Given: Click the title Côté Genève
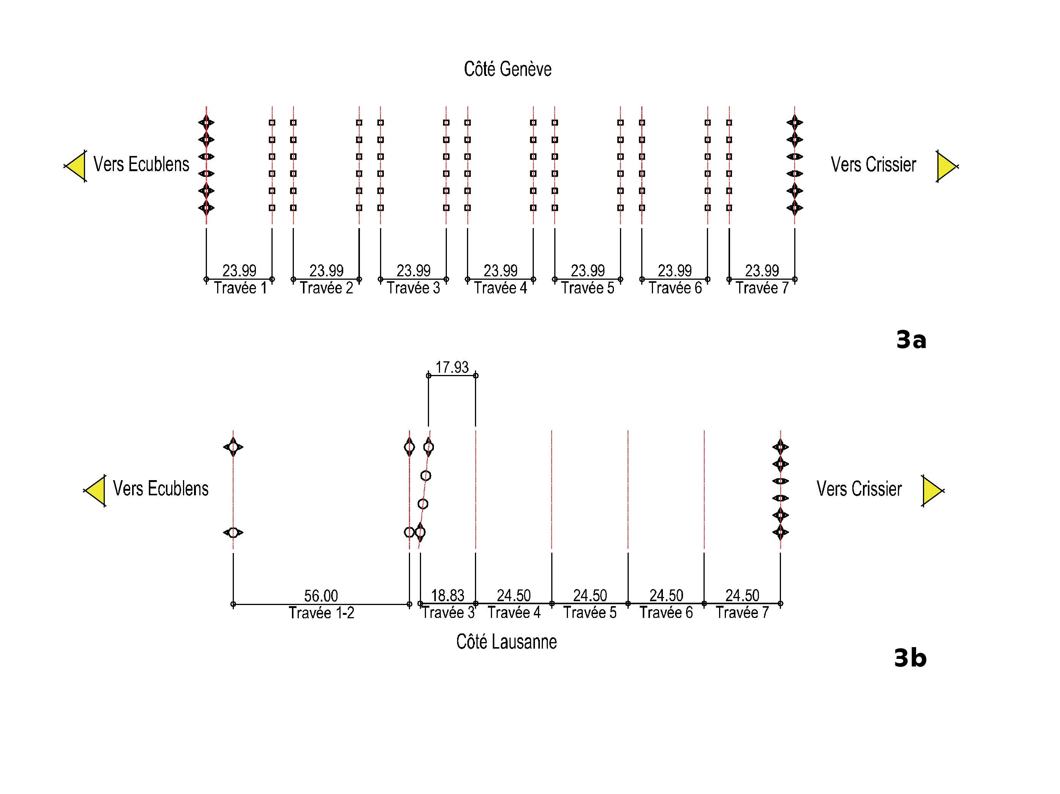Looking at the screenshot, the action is [508, 69].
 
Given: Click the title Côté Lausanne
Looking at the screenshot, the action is [506, 642].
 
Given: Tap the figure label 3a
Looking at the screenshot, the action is [911, 340].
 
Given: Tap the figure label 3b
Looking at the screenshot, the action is [910, 657].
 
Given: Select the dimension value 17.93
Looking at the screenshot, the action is [452, 367].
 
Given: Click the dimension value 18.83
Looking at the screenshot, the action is [448, 595].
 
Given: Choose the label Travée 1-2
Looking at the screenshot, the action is [322, 613].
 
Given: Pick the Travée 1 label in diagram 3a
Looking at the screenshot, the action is [240, 288].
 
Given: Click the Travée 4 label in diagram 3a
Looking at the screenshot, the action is [500, 288].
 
